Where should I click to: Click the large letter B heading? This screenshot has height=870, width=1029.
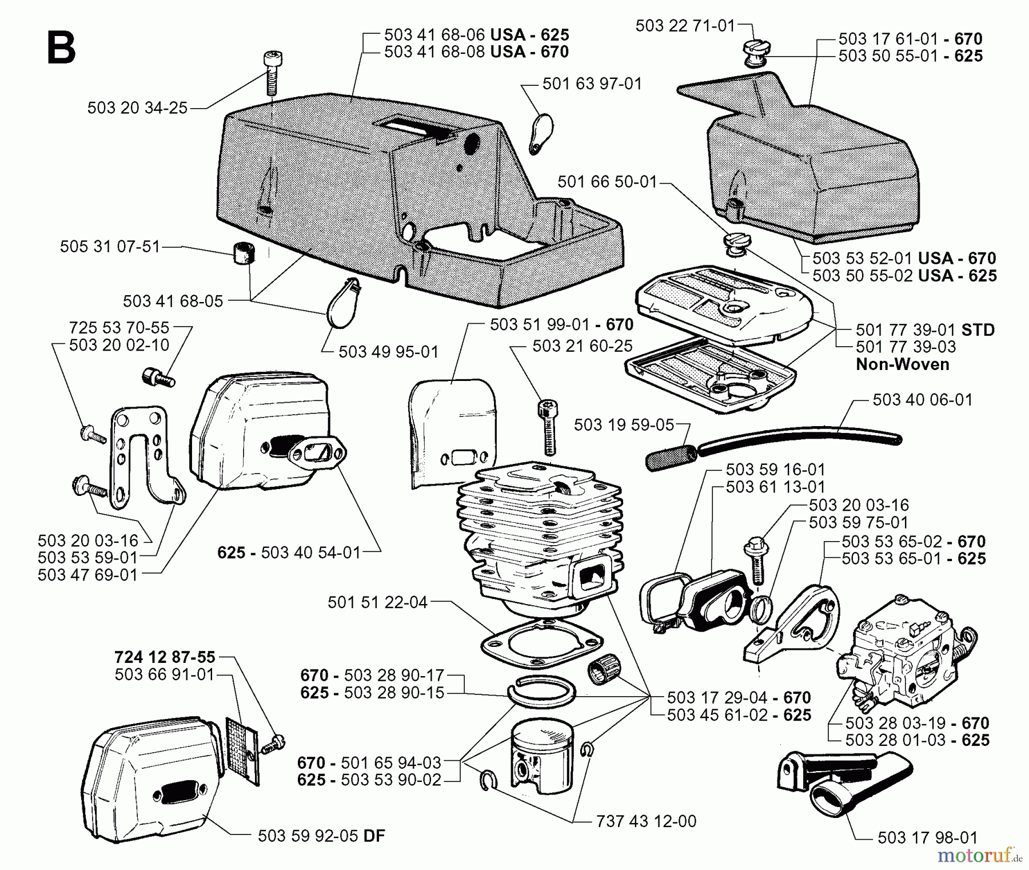61,48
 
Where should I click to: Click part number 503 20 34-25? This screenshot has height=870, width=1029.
137,108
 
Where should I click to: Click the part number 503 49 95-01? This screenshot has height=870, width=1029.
388,351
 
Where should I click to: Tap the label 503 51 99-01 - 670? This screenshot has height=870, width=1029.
561,325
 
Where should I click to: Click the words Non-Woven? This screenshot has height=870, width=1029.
902,364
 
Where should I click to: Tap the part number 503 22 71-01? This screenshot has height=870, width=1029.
684,26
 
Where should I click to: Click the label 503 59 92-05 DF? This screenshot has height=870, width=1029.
321,836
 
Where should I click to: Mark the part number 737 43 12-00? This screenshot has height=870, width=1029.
645,821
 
